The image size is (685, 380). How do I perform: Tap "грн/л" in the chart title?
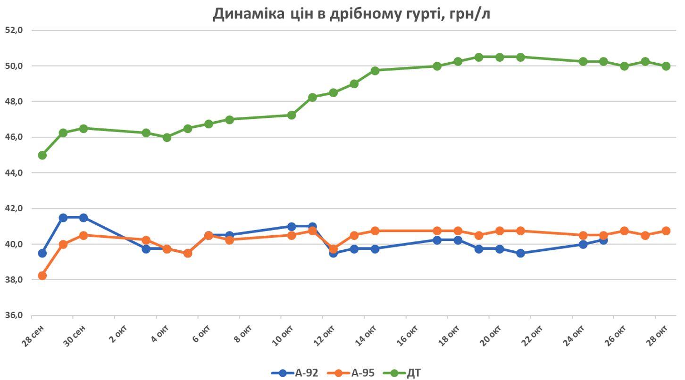coord(467,15)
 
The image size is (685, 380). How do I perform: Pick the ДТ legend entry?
coord(406,373)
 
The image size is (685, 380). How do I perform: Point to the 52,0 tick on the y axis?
coord(14,30)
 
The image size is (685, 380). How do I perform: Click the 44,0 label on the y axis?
coord(14,173)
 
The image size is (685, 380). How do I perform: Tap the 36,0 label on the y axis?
coord(14,315)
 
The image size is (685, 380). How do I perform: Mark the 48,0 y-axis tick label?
coord(14,102)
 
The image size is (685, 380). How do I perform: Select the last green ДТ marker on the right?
coord(666,66)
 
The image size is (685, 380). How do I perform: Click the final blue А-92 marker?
coord(603,240)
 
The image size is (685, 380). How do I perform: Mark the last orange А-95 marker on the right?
coord(666,231)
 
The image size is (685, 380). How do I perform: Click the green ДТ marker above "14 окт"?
coord(375,71)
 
